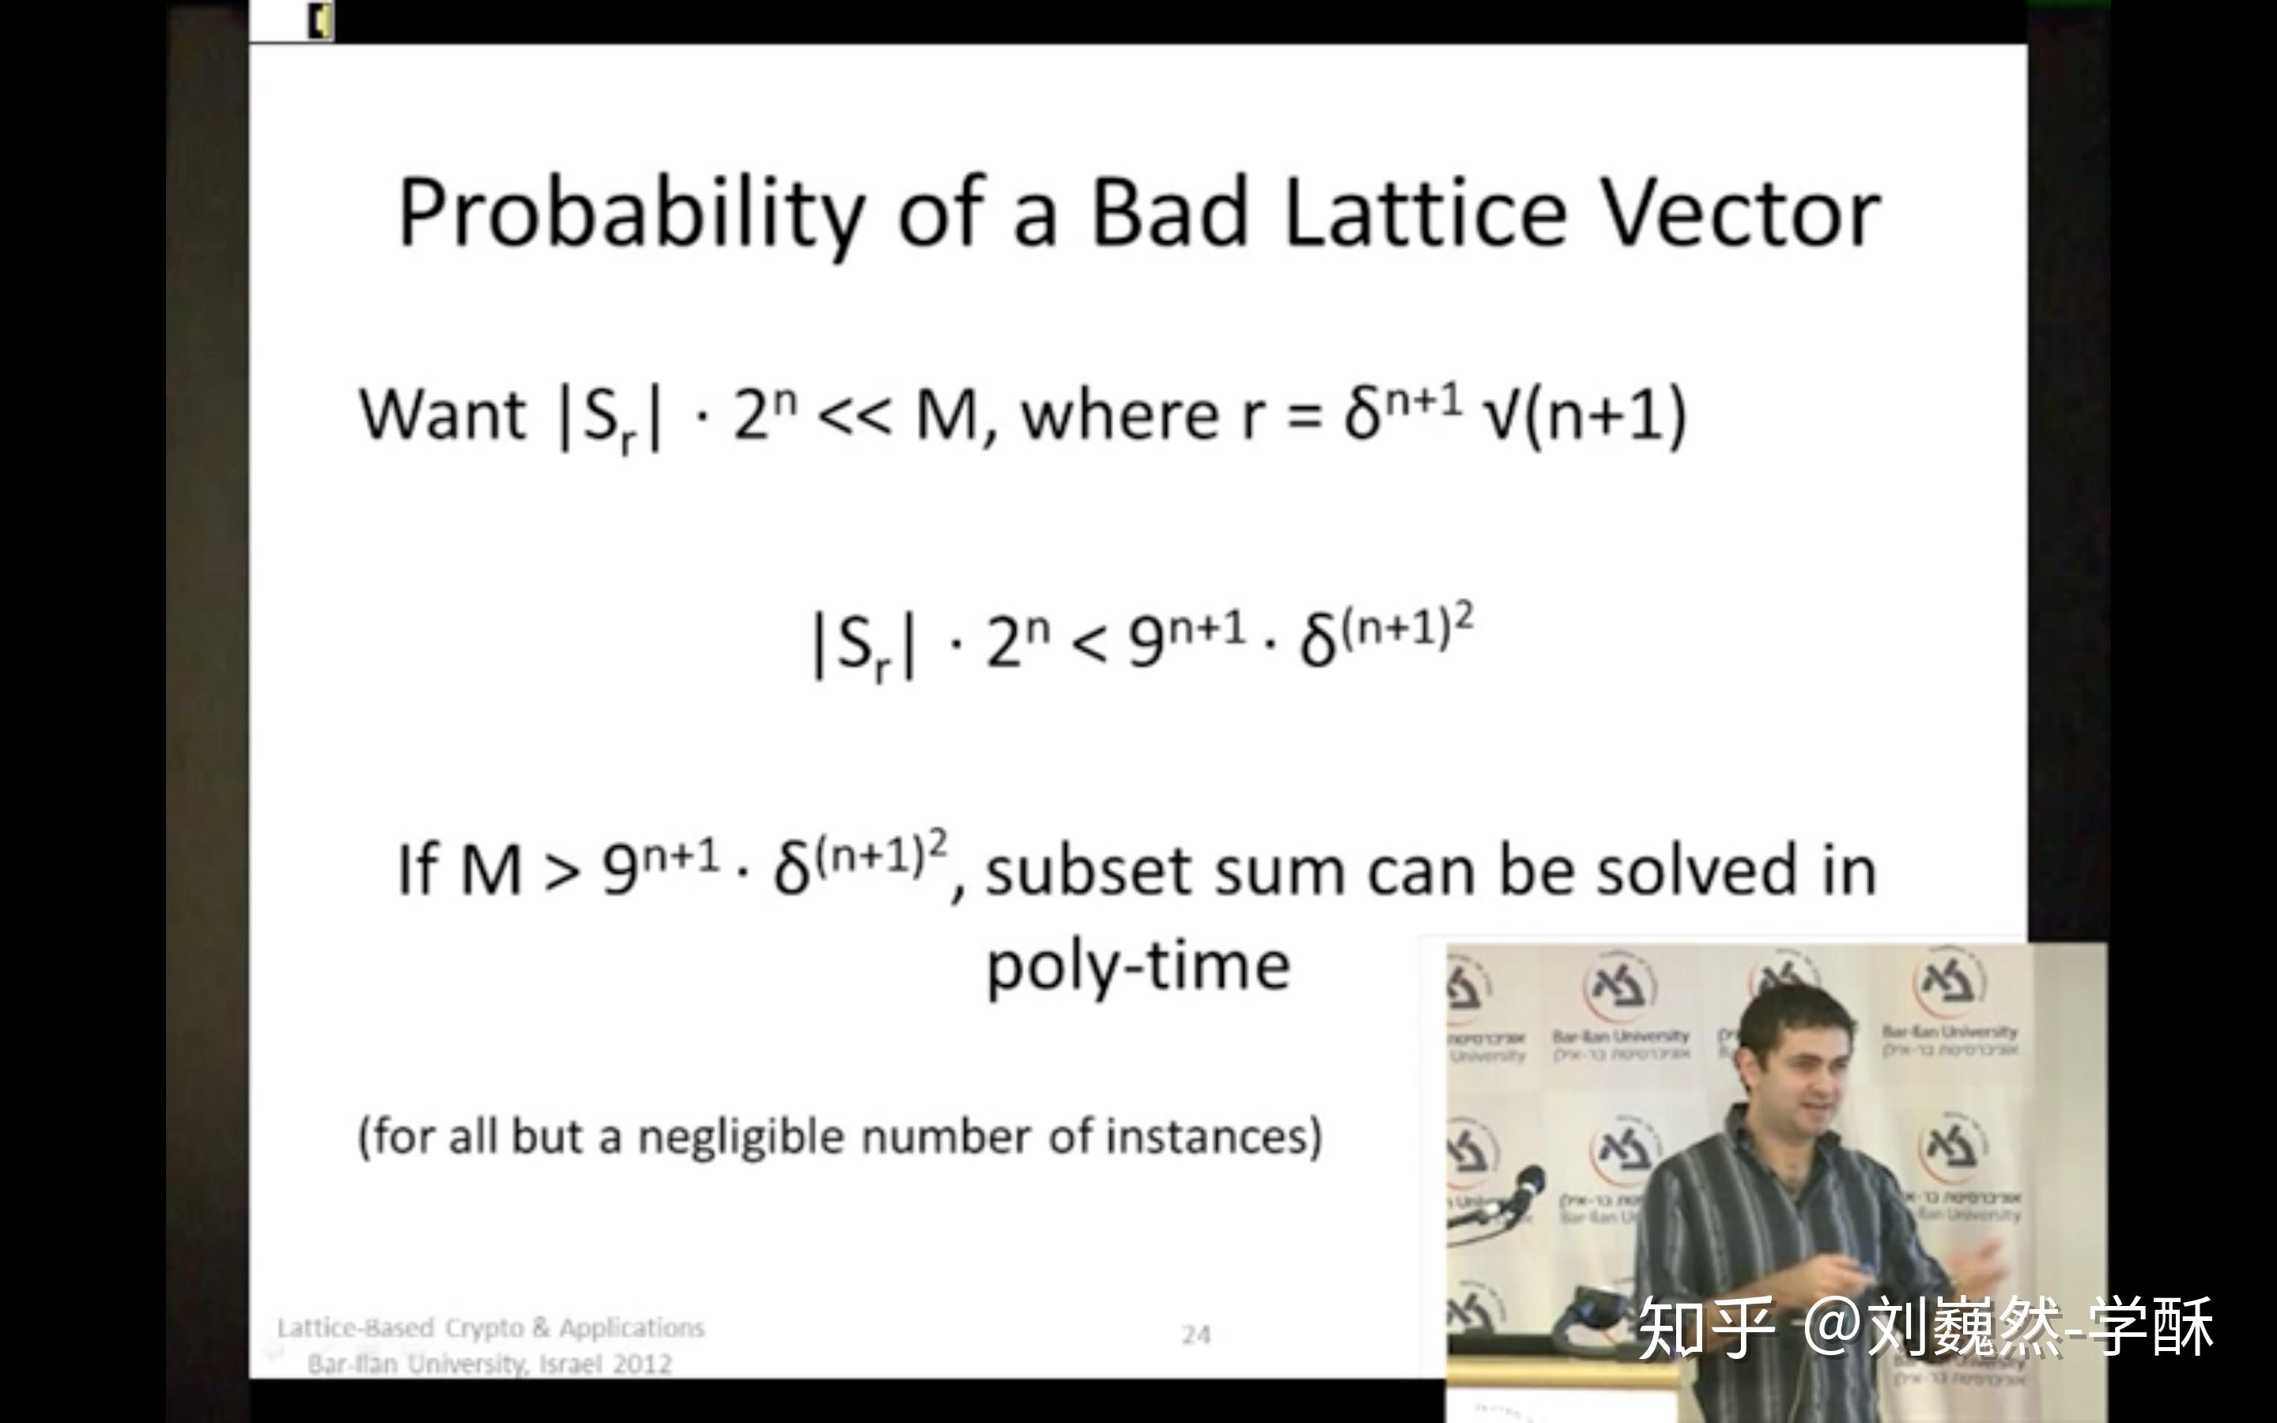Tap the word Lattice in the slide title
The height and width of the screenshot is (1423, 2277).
(x=1425, y=214)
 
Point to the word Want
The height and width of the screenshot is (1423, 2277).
(x=442, y=415)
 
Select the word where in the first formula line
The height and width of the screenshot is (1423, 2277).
(x=1120, y=415)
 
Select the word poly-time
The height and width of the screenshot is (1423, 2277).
(x=1138, y=967)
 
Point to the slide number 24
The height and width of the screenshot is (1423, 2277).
(x=1196, y=1334)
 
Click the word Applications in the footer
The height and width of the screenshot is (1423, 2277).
(x=632, y=1328)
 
